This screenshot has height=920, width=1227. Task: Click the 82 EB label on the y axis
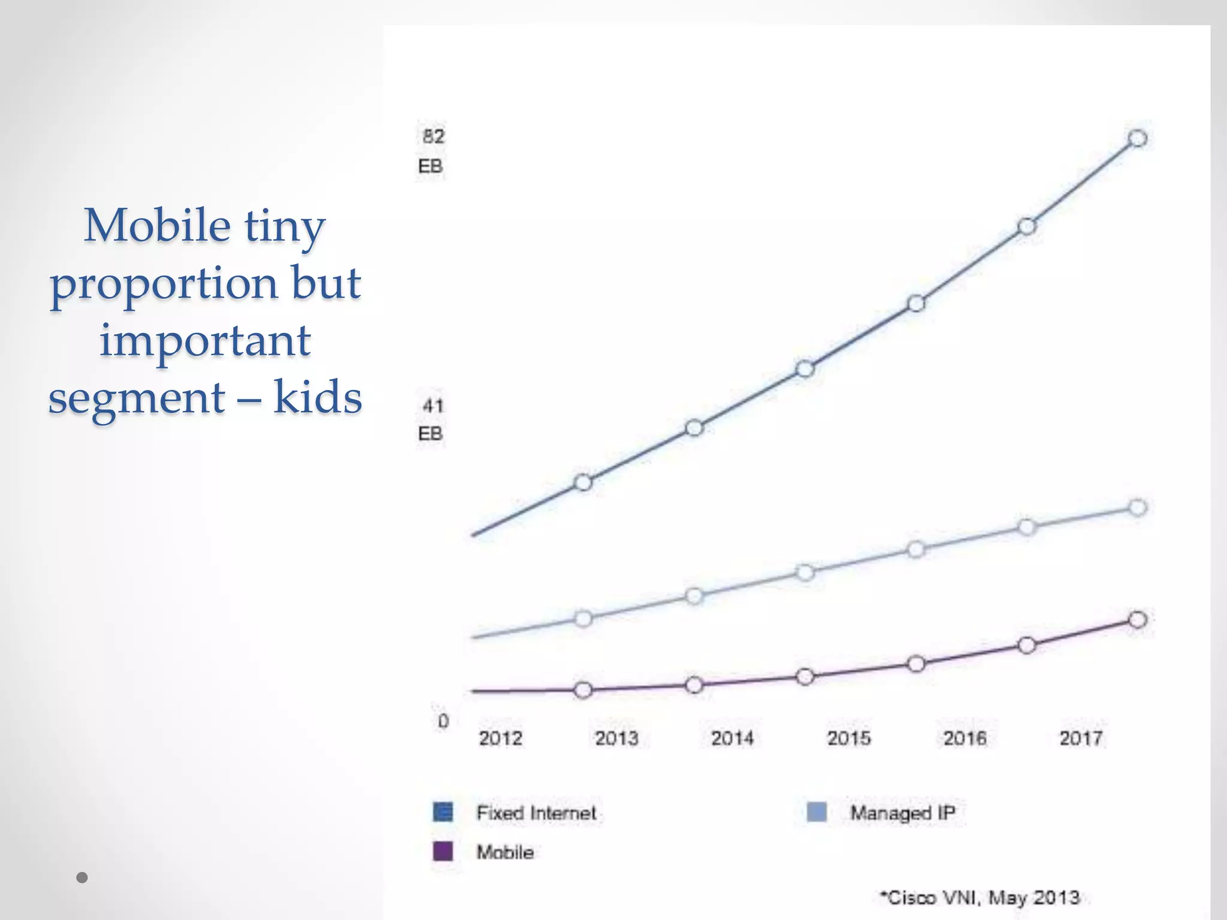pos(432,150)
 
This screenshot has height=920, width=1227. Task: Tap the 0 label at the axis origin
pos(443,721)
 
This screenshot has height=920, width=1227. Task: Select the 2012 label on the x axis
pos(500,738)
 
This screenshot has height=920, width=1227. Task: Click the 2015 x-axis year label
pos(849,738)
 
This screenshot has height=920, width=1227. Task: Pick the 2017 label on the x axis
pos(1081,738)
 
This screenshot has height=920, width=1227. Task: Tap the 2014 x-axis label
pos(732,738)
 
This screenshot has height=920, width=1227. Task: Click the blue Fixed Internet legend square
pos(443,812)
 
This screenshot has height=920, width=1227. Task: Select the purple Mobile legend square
pos(443,851)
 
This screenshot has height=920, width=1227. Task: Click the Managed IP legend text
pos(902,813)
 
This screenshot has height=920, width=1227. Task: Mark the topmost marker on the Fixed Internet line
pos(1137,138)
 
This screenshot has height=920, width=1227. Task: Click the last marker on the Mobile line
pos(1137,619)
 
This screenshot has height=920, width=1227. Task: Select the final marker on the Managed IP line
pos(1137,508)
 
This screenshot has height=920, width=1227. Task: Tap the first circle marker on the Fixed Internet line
pos(583,482)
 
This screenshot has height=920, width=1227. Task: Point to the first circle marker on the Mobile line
pos(583,690)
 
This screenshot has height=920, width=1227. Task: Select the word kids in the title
pos(318,397)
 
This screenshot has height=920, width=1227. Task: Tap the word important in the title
pos(205,340)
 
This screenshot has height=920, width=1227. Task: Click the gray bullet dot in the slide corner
pos(83,878)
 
